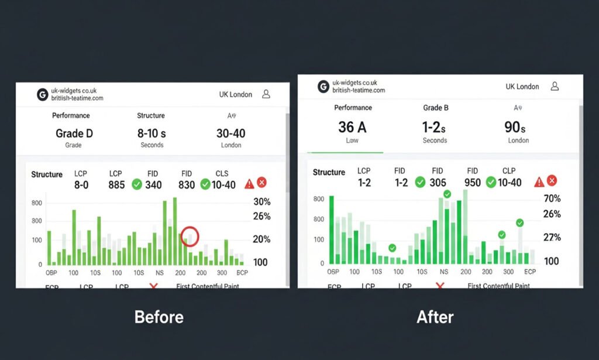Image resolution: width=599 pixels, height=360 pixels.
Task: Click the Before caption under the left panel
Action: [x=159, y=317]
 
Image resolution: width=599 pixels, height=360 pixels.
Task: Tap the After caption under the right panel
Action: [x=435, y=317]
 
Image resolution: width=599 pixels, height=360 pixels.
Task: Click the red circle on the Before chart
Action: [x=190, y=236]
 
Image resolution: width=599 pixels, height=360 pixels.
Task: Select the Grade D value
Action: [x=74, y=133]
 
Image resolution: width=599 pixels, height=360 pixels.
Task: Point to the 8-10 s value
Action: [x=152, y=133]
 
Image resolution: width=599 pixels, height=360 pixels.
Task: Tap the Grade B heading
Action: [x=435, y=108]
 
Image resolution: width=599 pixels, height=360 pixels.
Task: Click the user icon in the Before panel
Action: [x=266, y=94]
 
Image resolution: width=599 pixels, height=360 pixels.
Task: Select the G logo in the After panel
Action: [x=323, y=87]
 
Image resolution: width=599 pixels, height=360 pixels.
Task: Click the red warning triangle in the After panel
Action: [x=539, y=182]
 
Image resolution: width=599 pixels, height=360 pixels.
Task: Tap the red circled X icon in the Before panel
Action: [x=261, y=183]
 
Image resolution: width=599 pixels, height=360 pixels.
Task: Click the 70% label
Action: [x=552, y=199]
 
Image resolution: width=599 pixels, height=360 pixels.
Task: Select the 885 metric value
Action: [x=117, y=185]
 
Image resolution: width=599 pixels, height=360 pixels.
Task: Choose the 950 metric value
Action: [x=472, y=183]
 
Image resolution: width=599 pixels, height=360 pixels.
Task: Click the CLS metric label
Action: [x=222, y=174]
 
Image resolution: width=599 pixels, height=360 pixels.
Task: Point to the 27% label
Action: [x=552, y=237]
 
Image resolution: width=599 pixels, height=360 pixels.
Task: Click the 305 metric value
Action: [x=438, y=183]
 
